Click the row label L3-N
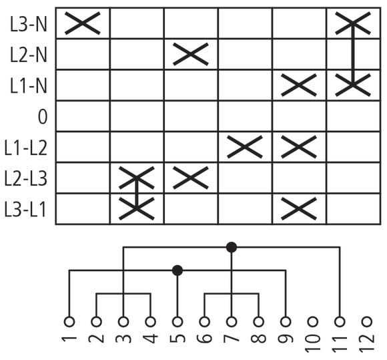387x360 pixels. click(x=29, y=25)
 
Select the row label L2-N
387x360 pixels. click(x=29, y=55)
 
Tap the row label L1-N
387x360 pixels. click(x=29, y=85)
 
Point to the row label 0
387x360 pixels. click(x=43, y=117)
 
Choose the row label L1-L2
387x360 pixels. click(x=26, y=148)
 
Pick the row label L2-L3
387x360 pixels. click(x=26, y=178)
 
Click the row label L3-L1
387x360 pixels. click(x=26, y=210)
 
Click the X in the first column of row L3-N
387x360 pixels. click(x=83, y=23)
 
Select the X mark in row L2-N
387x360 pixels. click(x=191, y=54)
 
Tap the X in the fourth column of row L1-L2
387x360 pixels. click(x=245, y=147)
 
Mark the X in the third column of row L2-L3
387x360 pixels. click(x=191, y=178)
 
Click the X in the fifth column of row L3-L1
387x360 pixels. click(x=299, y=209)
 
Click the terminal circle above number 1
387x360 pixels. click(x=69, y=322)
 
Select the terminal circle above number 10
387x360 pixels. click(x=313, y=322)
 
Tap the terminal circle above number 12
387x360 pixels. click(x=367, y=322)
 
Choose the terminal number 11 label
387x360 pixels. click(x=340, y=343)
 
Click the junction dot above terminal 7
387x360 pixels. click(x=232, y=247)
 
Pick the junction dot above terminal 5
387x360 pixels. click(x=177, y=271)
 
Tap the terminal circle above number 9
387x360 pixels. click(x=286, y=322)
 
